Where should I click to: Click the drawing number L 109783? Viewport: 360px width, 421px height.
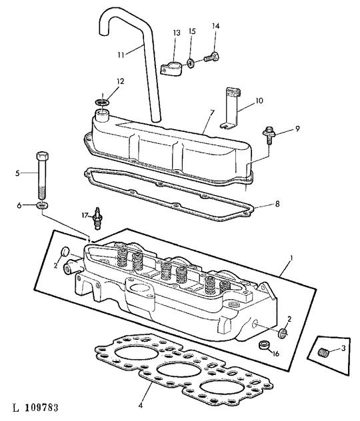[x=35, y=408]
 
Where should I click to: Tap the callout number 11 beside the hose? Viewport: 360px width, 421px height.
[x=121, y=55]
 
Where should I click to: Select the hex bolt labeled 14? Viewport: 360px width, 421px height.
[x=212, y=57]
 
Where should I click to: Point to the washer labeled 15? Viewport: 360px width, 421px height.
[x=191, y=64]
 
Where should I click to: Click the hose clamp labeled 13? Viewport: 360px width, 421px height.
[x=171, y=68]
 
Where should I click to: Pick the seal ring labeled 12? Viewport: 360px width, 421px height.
[x=103, y=102]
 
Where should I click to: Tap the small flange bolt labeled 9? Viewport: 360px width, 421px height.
[x=269, y=135]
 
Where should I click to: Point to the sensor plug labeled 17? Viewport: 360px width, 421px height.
[x=98, y=218]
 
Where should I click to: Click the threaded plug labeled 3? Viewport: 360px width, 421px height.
[x=323, y=352]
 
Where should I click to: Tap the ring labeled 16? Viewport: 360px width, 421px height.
[x=264, y=345]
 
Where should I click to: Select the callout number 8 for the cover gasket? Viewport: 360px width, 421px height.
[x=277, y=204]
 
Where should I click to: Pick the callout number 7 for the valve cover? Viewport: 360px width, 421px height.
[x=212, y=113]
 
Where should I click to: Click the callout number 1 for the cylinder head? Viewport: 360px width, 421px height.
[x=291, y=258]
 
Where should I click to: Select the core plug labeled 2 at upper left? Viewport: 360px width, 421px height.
[x=65, y=251]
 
